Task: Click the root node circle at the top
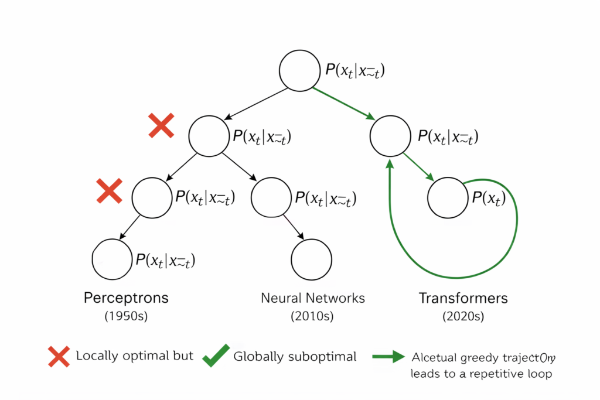point(299,71)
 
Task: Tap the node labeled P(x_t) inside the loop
point(448,198)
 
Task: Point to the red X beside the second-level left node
point(161,126)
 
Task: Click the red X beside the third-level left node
point(109,191)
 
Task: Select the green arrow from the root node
point(345,105)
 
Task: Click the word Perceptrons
point(126,298)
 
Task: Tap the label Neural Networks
point(313,298)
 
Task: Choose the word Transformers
point(463,298)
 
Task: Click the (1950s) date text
point(126,317)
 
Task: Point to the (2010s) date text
point(312,317)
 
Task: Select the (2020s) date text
point(463,317)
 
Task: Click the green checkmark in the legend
point(216,355)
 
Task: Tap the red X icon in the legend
point(59,356)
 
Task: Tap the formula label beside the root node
point(355,71)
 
